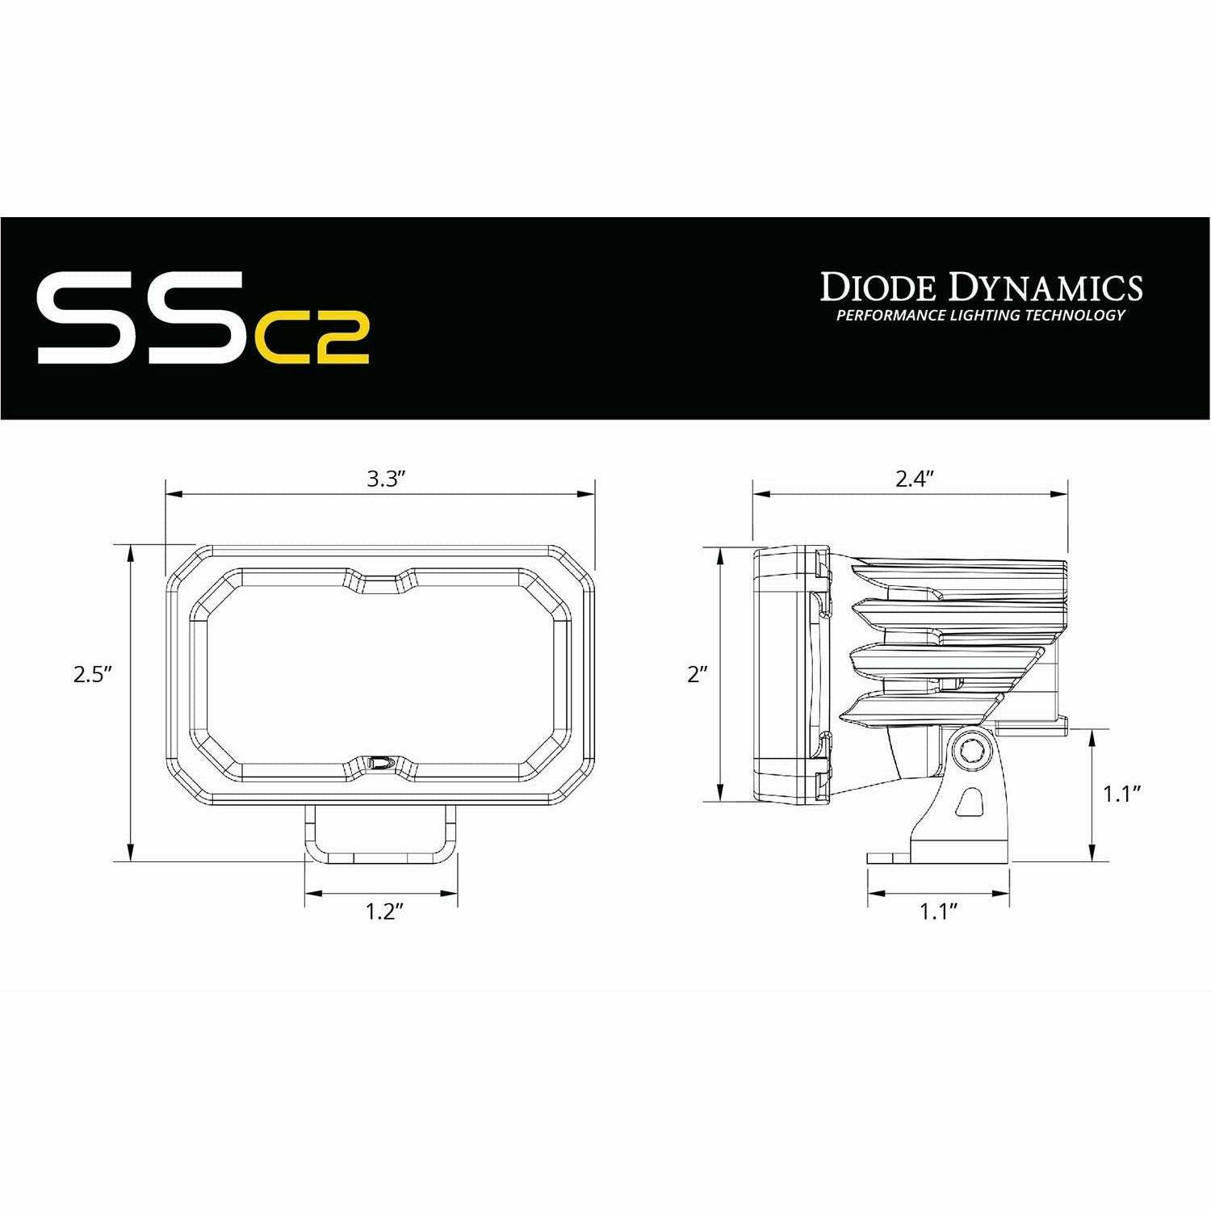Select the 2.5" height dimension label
(91, 674)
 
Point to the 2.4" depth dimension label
(914, 480)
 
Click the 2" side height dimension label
(697, 674)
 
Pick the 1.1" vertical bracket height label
(1121, 794)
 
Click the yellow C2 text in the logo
(312, 338)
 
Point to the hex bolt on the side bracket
(966, 752)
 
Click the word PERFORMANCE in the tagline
(882, 315)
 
